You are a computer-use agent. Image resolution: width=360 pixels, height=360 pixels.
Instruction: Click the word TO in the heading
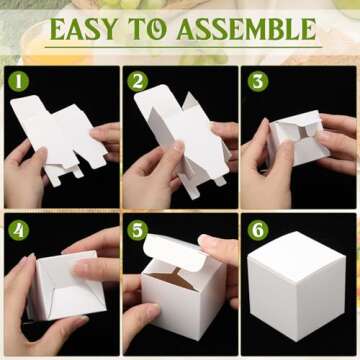(x=161, y=28)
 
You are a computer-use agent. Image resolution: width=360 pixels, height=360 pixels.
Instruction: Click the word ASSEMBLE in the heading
(x=251, y=28)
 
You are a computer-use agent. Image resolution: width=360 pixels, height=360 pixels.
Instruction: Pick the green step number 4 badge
(x=17, y=229)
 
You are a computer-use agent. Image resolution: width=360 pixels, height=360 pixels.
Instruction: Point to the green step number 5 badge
(x=138, y=229)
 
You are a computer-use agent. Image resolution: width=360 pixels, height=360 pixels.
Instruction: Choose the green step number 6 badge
(x=258, y=229)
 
